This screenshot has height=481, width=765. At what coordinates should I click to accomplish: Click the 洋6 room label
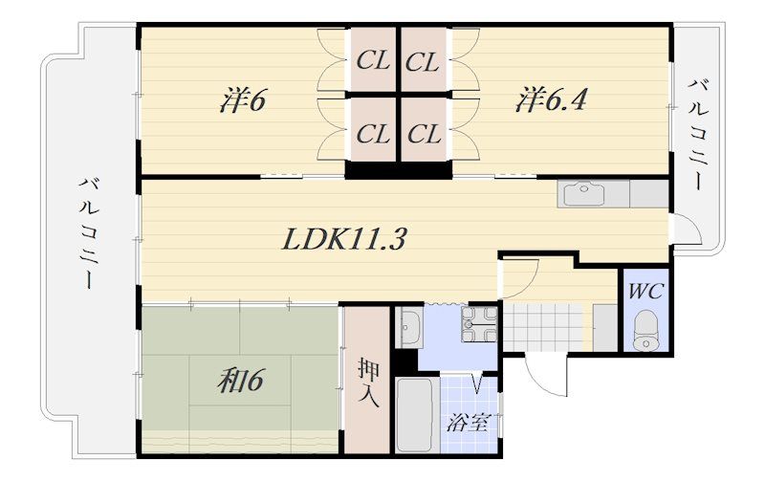[x=243, y=100]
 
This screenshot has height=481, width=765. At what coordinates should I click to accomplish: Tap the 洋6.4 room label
[x=551, y=99]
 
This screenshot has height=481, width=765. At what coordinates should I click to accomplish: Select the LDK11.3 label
[x=344, y=239]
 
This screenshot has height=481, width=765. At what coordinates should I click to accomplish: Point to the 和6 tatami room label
[x=241, y=381]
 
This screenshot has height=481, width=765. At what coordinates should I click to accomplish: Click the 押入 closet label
[x=368, y=383]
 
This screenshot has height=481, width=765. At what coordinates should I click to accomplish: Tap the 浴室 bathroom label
[x=468, y=423]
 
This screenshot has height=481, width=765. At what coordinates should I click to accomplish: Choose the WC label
[x=645, y=292]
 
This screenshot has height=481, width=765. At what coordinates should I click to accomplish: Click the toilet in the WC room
[x=645, y=330]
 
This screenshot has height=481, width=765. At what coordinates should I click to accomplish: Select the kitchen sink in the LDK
[x=584, y=194]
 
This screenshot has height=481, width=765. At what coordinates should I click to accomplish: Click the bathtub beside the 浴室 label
[x=415, y=415]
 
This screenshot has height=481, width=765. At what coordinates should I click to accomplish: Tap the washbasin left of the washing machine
[x=409, y=328]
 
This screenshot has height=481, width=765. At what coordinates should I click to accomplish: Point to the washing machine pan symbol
[x=480, y=324]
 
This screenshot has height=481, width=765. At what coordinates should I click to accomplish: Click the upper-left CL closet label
[x=373, y=61]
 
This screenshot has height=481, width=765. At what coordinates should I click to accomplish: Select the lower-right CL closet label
[x=424, y=133]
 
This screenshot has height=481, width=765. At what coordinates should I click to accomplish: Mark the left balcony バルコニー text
[x=89, y=233]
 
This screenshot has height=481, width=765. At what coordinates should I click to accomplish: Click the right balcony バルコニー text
[x=698, y=135]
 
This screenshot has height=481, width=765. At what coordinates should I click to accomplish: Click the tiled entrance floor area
[x=543, y=326]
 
